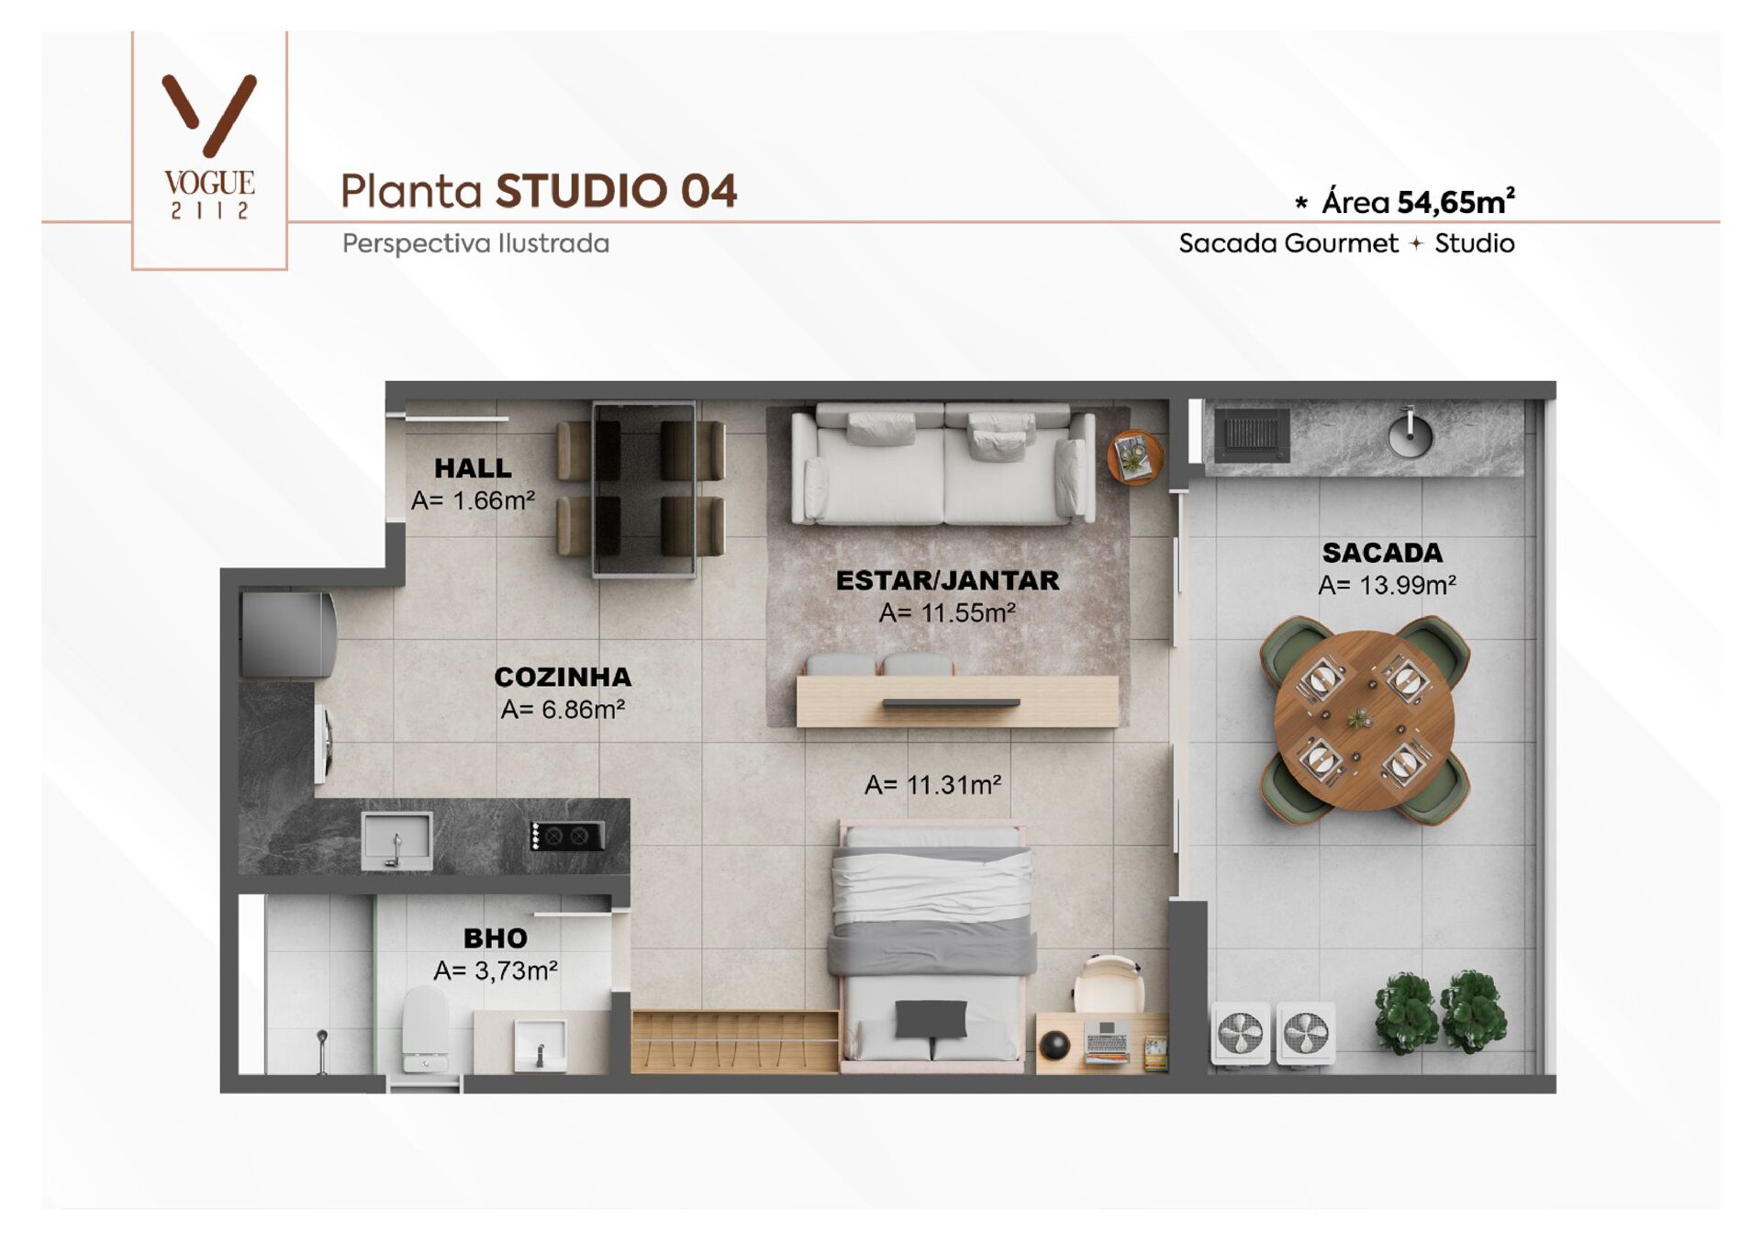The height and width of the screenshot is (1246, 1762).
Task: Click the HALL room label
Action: pyautogui.click(x=473, y=468)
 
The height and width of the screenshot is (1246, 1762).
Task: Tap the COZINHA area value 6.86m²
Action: pyautogui.click(x=563, y=710)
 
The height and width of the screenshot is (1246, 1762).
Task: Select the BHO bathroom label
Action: pyautogui.click(x=496, y=938)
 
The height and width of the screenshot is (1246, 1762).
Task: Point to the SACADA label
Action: pyautogui.click(x=1382, y=553)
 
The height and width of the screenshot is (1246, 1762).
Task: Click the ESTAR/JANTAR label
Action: pyautogui.click(x=947, y=580)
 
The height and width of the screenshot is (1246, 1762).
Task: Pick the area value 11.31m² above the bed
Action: pyautogui.click(x=932, y=785)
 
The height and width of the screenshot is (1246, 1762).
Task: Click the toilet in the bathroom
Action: pyautogui.click(x=426, y=1028)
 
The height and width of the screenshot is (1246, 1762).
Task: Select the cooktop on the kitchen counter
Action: pyautogui.click(x=567, y=836)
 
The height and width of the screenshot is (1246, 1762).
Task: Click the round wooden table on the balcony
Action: pyautogui.click(x=1364, y=719)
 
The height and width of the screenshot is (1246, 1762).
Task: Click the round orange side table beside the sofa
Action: pyautogui.click(x=1134, y=456)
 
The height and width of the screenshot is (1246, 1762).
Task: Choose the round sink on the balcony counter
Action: pyautogui.click(x=1410, y=433)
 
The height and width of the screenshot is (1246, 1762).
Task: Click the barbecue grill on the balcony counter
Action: pyautogui.click(x=1252, y=433)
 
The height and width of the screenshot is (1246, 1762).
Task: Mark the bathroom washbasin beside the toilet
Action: pyautogui.click(x=540, y=1044)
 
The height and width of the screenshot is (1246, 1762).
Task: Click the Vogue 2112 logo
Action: pyautogui.click(x=209, y=147)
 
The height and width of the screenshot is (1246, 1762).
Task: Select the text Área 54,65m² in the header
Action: pyautogui.click(x=1417, y=202)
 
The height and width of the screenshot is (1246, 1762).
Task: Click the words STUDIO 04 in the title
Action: pyautogui.click(x=616, y=191)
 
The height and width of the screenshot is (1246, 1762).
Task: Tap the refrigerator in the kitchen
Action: pyautogui.click(x=287, y=634)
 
